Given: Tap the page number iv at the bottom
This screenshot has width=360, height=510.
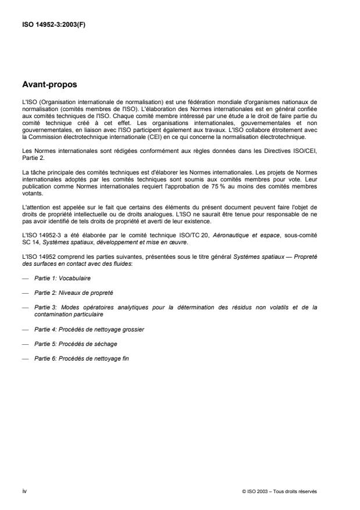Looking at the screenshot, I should pyautogui.click(x=24, y=490).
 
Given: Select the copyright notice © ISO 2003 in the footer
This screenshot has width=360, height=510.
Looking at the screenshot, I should pyautogui.click(x=280, y=490).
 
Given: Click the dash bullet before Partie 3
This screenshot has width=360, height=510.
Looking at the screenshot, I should pyautogui.click(x=24, y=307).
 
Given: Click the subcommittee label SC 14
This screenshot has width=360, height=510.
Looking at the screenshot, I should pyautogui.click(x=28, y=241).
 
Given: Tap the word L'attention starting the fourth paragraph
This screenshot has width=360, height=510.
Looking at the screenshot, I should pyautogui.click(x=34, y=208).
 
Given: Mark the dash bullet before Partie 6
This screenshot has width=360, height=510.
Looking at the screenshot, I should pyautogui.click(x=24, y=358).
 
